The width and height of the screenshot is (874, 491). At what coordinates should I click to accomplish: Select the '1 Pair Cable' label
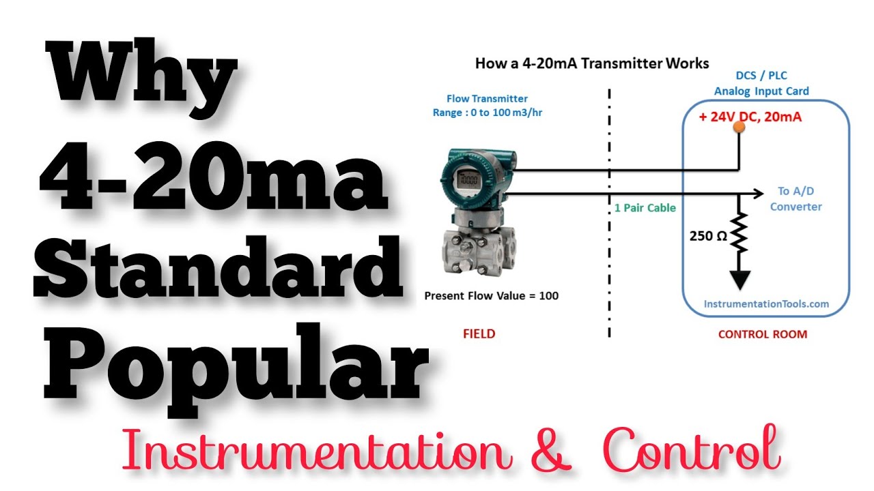coord(645,207)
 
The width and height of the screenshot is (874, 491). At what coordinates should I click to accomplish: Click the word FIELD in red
coord(479,334)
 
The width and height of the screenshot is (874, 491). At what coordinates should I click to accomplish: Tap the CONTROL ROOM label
coord(763,334)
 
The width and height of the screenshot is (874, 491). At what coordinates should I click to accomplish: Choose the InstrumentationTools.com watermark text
coord(766,304)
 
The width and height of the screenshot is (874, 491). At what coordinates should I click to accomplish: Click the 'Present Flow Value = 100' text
coord(491,296)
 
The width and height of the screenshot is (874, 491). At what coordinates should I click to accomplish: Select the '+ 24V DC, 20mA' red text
coord(750,117)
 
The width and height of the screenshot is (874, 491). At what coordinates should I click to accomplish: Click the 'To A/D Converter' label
coord(795,199)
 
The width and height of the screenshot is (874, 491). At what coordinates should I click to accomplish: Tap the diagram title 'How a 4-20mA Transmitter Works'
coord(592,63)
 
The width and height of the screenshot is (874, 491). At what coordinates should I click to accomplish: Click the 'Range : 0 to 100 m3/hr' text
coord(487,113)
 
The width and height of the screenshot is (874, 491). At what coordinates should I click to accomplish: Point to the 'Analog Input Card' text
coord(761,91)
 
